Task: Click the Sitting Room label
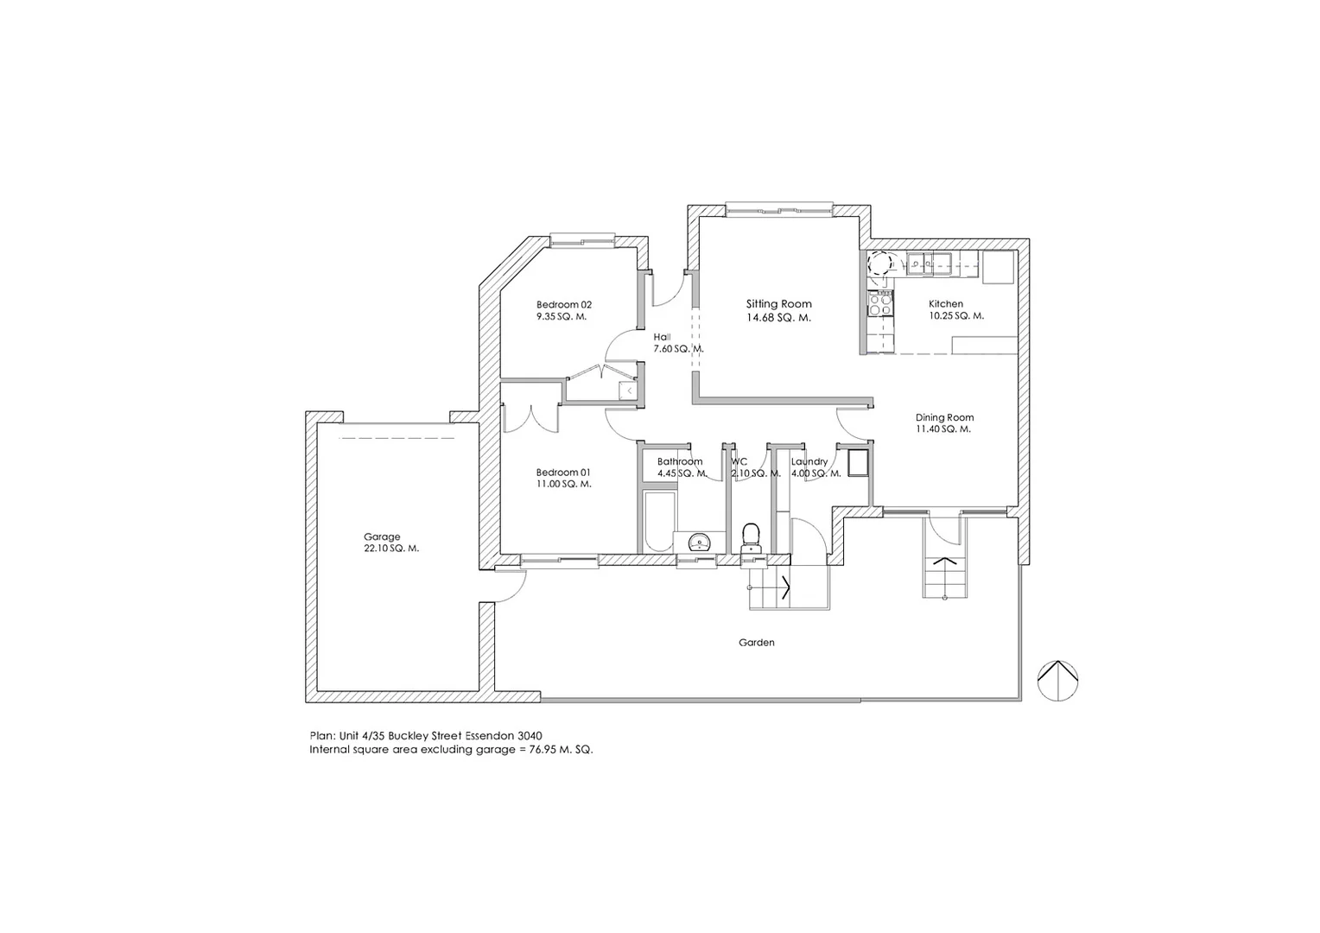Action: (x=778, y=304)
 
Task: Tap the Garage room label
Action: (x=381, y=536)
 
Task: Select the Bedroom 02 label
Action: (x=563, y=304)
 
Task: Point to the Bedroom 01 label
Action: (x=563, y=473)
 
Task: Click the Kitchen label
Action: (x=946, y=304)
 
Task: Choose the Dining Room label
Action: (x=944, y=417)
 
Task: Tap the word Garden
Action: (x=756, y=643)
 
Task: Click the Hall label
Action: (x=663, y=337)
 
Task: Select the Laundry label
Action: (x=809, y=462)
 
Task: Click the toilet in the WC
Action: (x=751, y=535)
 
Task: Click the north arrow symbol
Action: (x=1057, y=679)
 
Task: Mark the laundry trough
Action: (x=858, y=463)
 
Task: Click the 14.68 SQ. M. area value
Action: (x=778, y=318)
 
